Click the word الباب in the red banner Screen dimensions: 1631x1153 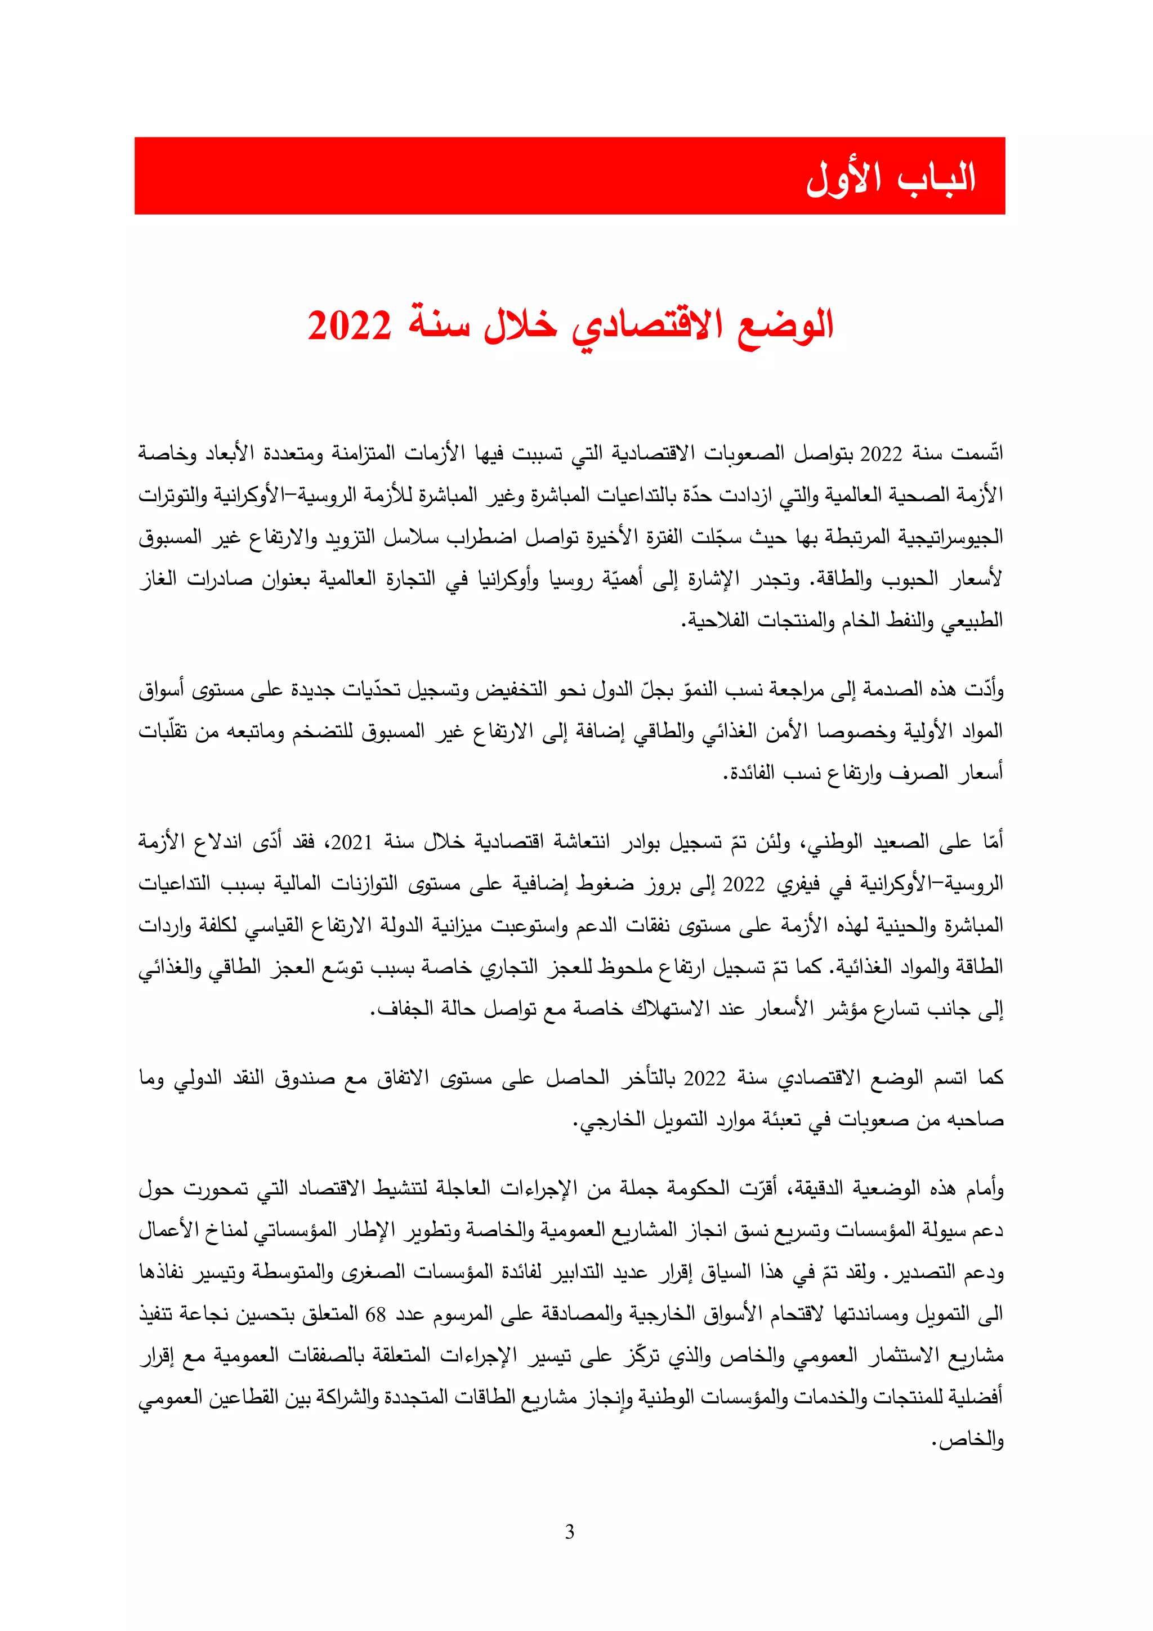pos(936,177)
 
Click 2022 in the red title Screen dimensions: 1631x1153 pos(349,326)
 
